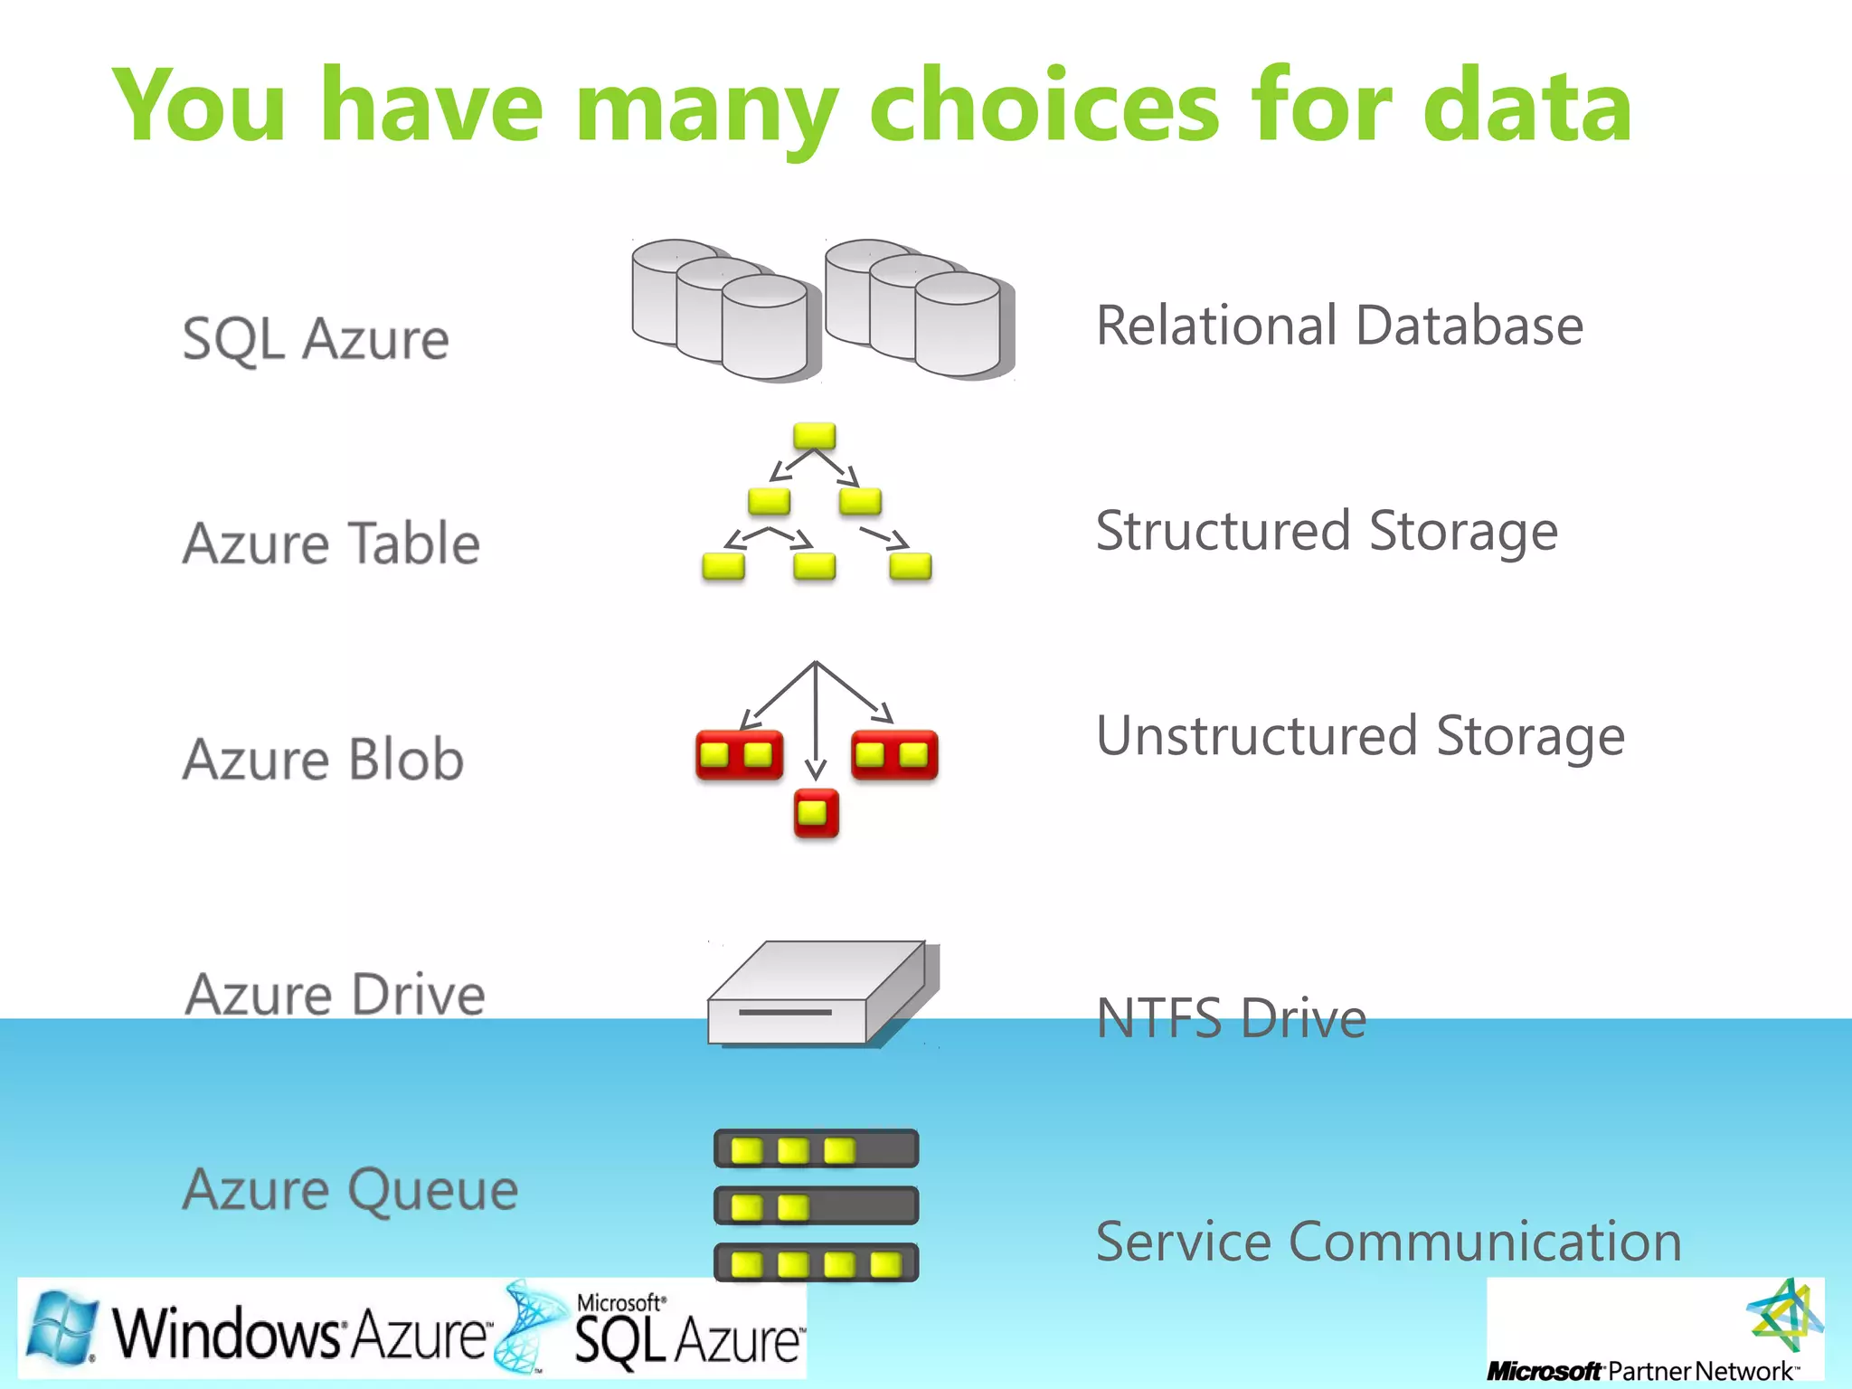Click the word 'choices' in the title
tap(1044, 107)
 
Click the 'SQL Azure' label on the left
tap(316, 339)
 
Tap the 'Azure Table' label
tap(331, 543)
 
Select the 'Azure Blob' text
tap(323, 759)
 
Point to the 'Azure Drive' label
tap(335, 995)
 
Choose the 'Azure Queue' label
tap(351, 1189)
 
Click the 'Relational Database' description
tap(1339, 326)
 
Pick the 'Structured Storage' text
tap(1327, 531)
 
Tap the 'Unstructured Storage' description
tap(1360, 735)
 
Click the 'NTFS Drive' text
tap(1231, 1018)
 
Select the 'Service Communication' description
tap(1388, 1241)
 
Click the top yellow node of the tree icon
tap(815, 436)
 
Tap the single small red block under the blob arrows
tap(816, 812)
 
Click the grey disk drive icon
tap(818, 995)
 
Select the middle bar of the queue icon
tap(816, 1205)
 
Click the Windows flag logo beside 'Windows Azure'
tap(61, 1328)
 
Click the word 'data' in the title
tap(1527, 107)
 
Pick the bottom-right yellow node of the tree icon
tap(910, 566)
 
